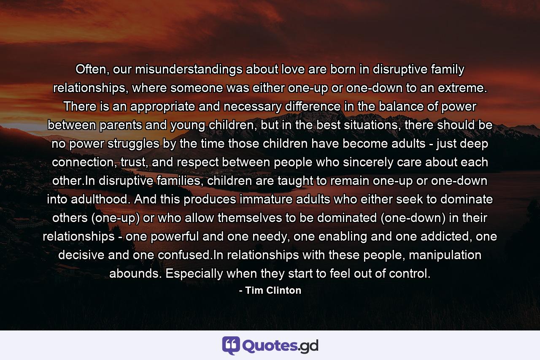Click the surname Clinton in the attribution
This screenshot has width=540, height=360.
click(284, 290)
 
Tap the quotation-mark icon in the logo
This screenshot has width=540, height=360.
click(231, 345)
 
